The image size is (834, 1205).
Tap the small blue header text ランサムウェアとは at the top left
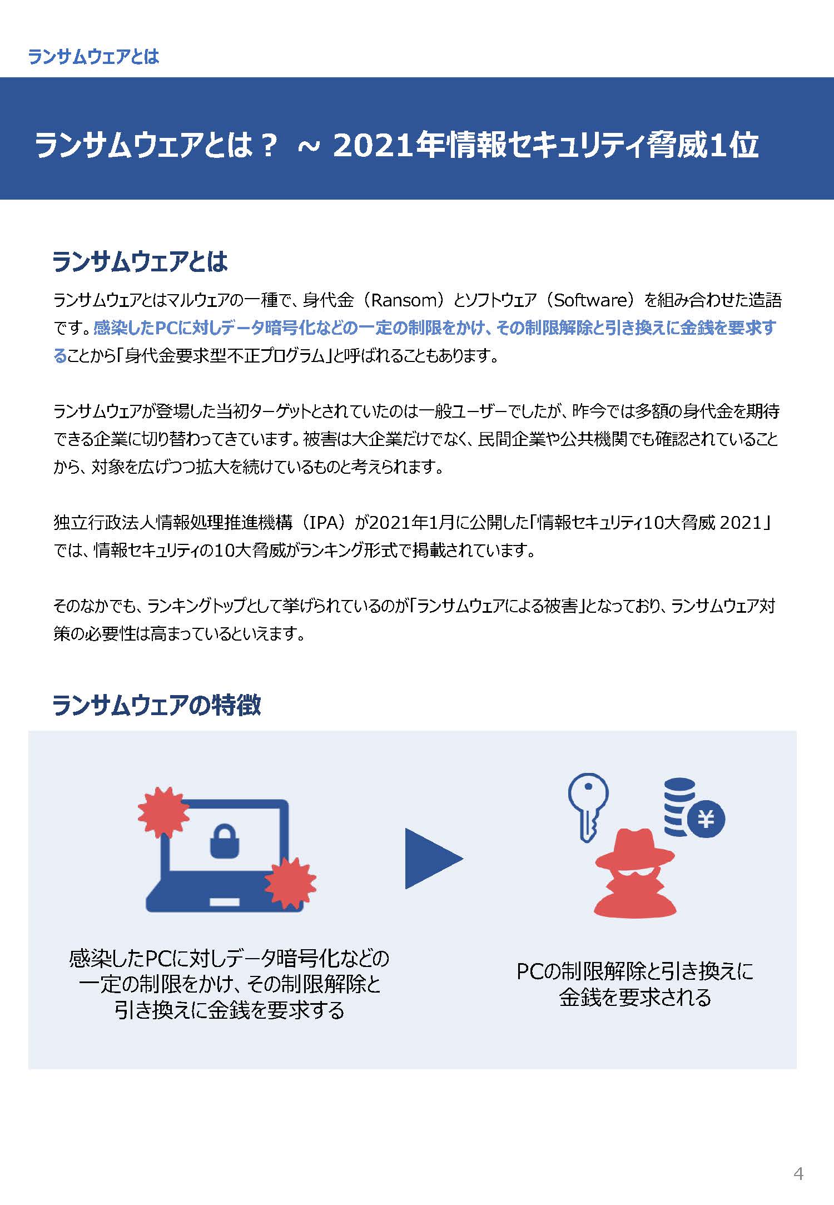[x=93, y=56]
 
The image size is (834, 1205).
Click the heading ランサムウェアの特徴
[x=156, y=705]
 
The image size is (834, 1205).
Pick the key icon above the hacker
[x=588, y=807]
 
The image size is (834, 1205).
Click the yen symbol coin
[x=706, y=819]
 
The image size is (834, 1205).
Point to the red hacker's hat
[x=635, y=850]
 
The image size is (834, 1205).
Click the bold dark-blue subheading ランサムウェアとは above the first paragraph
[x=140, y=261]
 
